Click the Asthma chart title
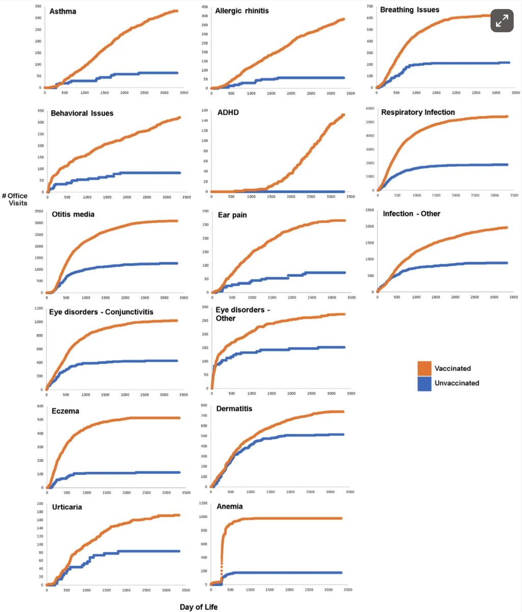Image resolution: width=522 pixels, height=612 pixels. pos(64,11)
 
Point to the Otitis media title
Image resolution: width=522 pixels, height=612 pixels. pos(73,214)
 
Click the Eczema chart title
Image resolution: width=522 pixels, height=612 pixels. pos(65,411)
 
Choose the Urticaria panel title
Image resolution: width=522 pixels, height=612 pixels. pos(67,507)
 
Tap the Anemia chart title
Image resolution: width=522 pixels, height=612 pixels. pos(229,506)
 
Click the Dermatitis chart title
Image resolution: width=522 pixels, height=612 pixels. pos(234,409)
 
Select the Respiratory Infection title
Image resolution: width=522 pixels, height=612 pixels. pos(418,112)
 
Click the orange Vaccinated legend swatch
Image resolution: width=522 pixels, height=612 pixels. pos(425,368)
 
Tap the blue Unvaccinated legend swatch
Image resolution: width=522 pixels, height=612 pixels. pos(425,383)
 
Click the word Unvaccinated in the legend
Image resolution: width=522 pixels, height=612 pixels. pos(456,383)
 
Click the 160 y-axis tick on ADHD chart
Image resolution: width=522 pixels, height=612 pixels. pos(204,110)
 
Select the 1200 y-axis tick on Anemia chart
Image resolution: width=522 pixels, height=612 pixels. pos(203,503)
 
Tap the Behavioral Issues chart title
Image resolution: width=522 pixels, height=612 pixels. pos(82,113)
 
